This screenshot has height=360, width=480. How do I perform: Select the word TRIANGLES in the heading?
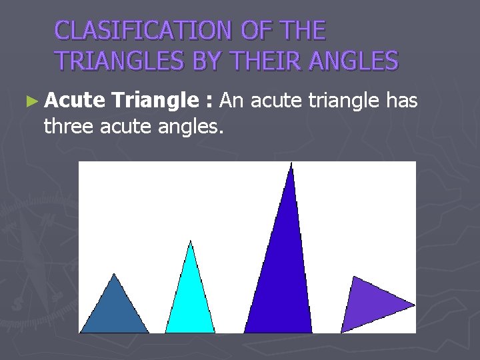121,61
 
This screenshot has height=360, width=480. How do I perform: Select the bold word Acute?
75,101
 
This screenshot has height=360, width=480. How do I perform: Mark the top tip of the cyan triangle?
191,241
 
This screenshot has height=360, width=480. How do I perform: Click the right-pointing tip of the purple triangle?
414,305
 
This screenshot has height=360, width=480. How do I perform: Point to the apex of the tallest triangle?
291,164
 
